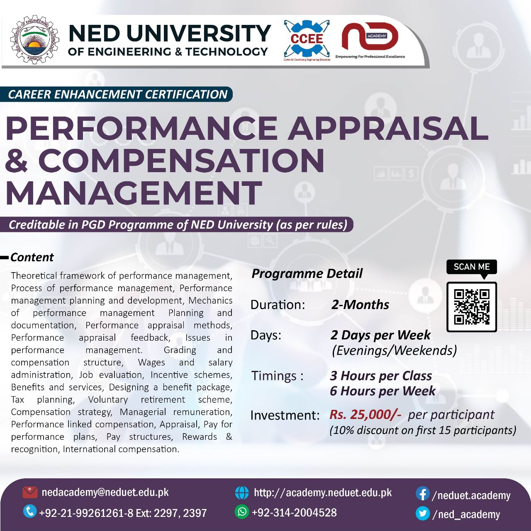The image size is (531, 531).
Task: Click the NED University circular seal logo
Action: (34, 40)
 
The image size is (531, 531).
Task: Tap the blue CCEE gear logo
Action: (307, 39)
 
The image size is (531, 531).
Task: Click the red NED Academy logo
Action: (369, 37)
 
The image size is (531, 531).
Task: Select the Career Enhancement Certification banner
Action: (118, 94)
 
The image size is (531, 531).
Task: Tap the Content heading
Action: (32, 257)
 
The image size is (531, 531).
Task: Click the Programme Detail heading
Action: (307, 273)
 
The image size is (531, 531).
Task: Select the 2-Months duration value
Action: (360, 304)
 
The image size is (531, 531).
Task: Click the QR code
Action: (472, 307)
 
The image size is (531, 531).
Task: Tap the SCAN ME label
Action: (472, 267)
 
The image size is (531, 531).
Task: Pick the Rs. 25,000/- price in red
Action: (365, 414)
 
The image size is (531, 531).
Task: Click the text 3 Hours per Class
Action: (381, 375)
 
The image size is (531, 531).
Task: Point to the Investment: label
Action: (285, 415)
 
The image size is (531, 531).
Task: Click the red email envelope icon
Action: (30, 492)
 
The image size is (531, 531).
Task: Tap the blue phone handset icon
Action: (29, 511)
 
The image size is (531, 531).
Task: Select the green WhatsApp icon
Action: (241, 512)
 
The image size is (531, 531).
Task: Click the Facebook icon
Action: (422, 494)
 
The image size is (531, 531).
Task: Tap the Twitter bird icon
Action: (422, 514)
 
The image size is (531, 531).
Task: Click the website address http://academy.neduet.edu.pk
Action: (323, 492)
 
